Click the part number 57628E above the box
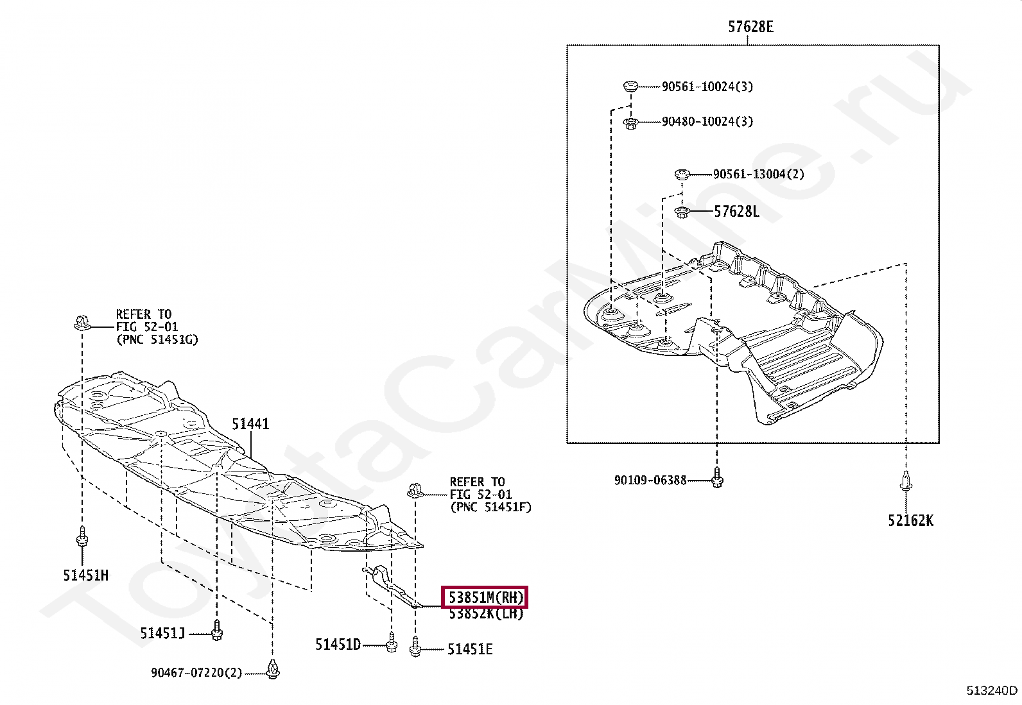pos(750,27)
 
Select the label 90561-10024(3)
pos(707,87)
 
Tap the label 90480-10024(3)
pos(707,121)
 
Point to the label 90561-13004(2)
pos(758,174)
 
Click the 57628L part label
pos(736,212)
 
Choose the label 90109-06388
pos(650,480)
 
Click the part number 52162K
pos(910,521)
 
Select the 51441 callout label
pos(250,424)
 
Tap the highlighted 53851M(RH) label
pos(485,598)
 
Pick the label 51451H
pos(85,575)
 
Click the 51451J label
pos(162,634)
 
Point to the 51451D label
pos(338,644)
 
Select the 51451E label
pos(470,649)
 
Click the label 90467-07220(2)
pos(196,673)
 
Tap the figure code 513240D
pos(991,690)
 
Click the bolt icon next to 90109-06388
pos(717,478)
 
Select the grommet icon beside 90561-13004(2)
pos(682,174)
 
